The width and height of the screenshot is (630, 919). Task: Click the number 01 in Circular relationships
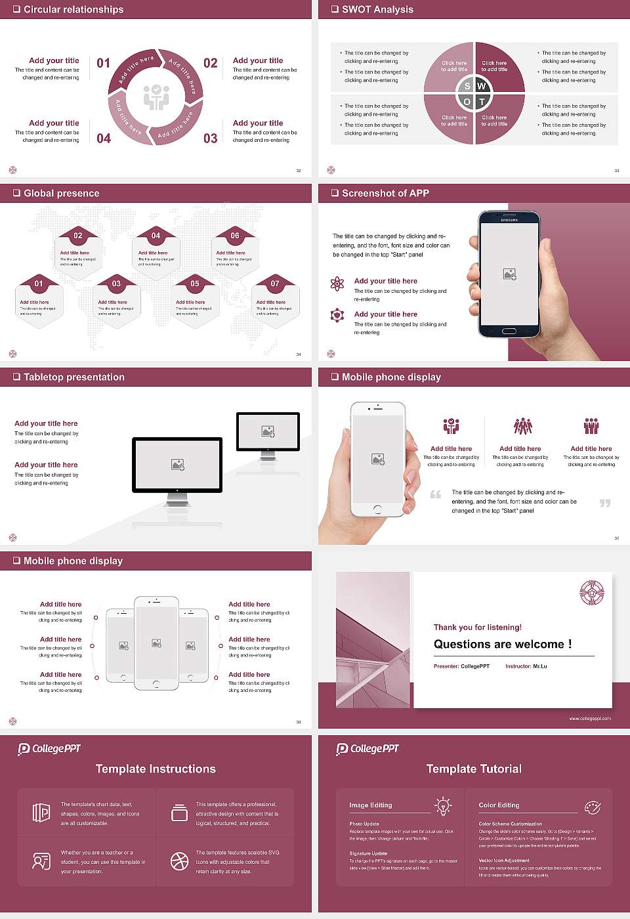[x=104, y=63]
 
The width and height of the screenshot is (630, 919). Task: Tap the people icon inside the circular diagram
[x=156, y=97]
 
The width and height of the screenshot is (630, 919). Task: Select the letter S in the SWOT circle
[x=467, y=86]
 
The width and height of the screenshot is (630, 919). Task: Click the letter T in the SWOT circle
[x=482, y=102]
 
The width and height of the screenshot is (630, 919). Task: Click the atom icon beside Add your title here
[x=337, y=284]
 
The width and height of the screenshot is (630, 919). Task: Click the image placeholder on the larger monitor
[x=177, y=465]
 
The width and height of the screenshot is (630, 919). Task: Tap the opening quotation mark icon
[x=435, y=494]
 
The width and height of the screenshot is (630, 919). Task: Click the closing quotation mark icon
[x=604, y=503]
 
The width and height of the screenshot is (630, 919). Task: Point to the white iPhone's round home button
[x=377, y=509]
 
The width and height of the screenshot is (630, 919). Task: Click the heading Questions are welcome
[x=502, y=645]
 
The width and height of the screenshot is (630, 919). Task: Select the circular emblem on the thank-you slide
[x=591, y=593]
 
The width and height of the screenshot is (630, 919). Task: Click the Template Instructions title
[x=156, y=769]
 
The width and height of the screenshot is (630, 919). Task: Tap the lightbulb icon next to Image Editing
[x=443, y=805]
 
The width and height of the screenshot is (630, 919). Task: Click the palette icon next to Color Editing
[x=592, y=807]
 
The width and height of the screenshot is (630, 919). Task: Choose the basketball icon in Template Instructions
[x=179, y=861]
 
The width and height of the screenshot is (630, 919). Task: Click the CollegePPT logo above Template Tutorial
[x=367, y=749]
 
